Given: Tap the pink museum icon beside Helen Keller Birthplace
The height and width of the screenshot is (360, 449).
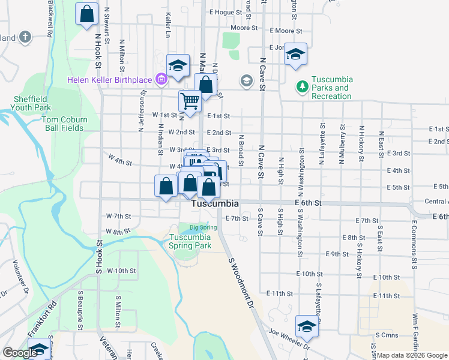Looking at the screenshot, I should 160,79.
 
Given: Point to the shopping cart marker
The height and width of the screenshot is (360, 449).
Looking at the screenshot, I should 190,101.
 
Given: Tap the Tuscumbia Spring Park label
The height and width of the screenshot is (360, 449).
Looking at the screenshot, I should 190,241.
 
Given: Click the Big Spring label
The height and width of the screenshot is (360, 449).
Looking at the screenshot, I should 203,227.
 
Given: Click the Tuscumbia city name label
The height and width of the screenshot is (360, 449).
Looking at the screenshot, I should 215,204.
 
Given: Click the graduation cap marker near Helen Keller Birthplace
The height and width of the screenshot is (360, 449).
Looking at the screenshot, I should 178,66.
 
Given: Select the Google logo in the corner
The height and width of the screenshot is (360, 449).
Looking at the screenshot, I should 19,352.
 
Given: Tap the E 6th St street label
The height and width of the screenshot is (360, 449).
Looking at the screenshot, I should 309,203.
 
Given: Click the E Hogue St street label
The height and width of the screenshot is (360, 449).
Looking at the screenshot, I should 225,12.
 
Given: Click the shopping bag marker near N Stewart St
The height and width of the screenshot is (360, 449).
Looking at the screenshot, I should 87,14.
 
